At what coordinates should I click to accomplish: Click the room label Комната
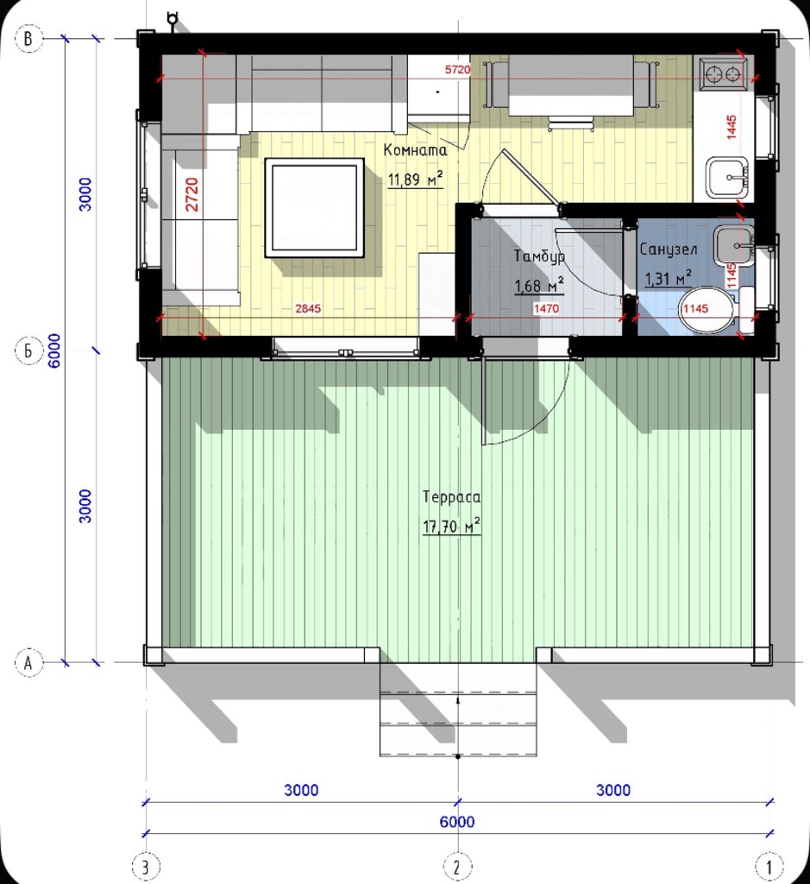415,150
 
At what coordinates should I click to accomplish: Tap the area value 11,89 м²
415,180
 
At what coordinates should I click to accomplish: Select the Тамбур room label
539,256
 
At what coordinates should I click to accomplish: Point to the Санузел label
668,249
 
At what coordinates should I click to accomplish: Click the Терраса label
452,497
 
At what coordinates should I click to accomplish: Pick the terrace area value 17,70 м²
452,527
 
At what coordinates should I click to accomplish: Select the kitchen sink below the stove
727,178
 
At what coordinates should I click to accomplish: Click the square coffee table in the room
314,207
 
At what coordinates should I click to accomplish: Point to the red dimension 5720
457,69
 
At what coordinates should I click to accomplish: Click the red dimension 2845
308,308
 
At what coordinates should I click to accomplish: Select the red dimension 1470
546,308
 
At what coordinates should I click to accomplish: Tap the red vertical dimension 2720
192,194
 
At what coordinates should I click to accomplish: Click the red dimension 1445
732,128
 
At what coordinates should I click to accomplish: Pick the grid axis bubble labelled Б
28,350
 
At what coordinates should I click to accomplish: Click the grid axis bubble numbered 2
457,867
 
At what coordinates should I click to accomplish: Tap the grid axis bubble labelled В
28,39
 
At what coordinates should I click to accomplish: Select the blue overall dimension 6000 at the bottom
457,822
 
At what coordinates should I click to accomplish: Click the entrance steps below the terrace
458,710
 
